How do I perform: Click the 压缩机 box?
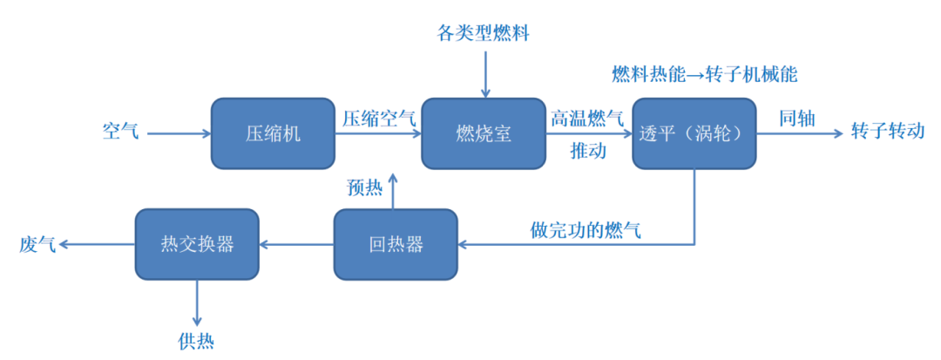tap(272, 133)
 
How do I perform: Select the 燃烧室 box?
tap(484, 133)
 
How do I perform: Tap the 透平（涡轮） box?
tap(694, 133)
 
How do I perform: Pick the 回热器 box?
tap(396, 244)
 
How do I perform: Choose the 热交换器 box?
tap(197, 244)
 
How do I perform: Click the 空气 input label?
tap(120, 132)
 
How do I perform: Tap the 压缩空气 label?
tap(378, 118)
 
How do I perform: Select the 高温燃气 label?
tap(586, 118)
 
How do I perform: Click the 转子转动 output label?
tap(887, 132)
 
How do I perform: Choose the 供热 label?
tap(196, 341)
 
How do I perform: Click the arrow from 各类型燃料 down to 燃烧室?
tap(484, 73)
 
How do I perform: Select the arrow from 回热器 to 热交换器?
tap(296, 245)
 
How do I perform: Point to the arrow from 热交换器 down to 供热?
tap(197, 302)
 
